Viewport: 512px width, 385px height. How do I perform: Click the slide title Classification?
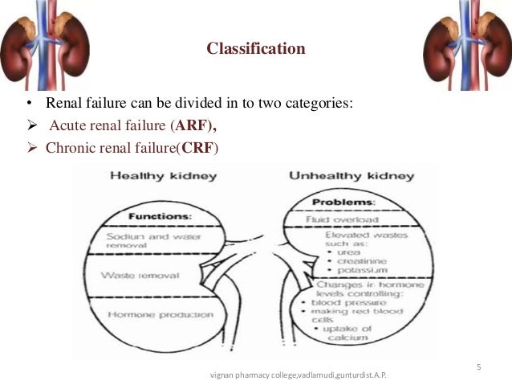coord(256,49)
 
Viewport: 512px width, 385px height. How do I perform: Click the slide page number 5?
coord(478,367)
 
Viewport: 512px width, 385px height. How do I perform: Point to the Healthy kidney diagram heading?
coord(163,175)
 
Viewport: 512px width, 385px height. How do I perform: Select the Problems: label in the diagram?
coord(344,202)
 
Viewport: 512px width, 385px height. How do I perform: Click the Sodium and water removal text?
coord(144,241)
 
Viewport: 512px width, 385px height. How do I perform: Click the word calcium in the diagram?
coord(347,338)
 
